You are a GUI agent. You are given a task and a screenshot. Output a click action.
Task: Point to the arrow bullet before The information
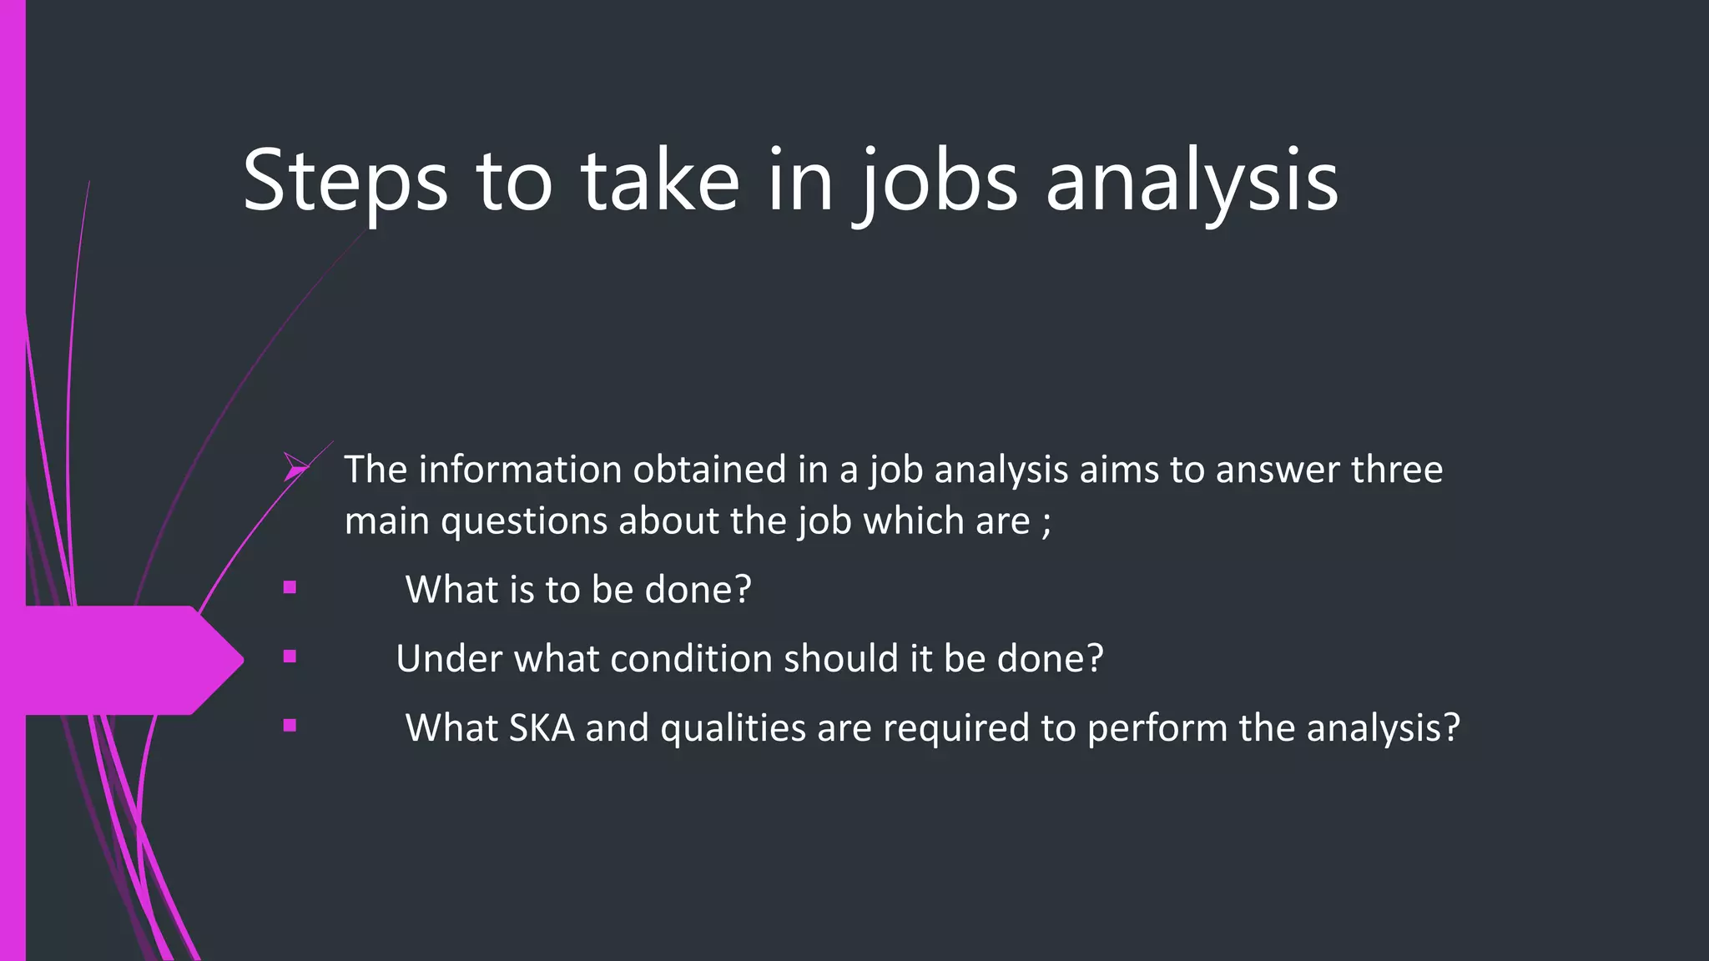(x=295, y=468)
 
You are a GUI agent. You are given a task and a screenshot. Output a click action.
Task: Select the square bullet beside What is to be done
(x=290, y=587)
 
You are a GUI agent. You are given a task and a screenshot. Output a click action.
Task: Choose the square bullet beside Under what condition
(x=290, y=657)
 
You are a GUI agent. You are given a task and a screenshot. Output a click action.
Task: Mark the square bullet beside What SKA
(x=290, y=726)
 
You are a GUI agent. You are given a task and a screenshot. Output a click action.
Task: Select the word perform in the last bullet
(x=1157, y=728)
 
